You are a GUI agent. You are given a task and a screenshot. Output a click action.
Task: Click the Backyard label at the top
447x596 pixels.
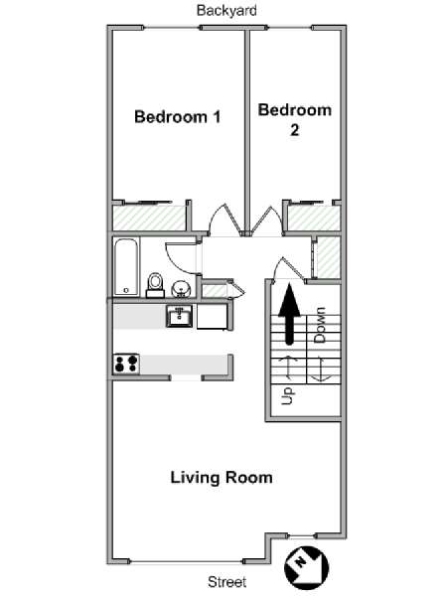point(226,10)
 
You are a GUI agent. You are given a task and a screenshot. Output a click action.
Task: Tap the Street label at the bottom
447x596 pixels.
point(226,581)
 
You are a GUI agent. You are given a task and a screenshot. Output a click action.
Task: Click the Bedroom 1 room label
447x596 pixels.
point(178,116)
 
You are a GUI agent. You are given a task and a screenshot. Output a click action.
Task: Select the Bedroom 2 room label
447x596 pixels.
point(295,120)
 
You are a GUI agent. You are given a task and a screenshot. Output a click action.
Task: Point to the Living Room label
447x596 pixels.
point(222,478)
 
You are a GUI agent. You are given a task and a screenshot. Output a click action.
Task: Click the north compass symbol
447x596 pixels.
point(306,568)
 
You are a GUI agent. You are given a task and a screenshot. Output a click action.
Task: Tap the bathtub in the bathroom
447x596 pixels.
point(126,267)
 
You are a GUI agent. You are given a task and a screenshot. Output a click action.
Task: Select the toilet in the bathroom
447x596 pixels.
point(155,285)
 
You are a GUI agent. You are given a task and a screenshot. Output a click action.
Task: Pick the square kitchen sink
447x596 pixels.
point(179,316)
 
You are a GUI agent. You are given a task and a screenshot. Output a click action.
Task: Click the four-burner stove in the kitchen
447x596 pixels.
point(126,364)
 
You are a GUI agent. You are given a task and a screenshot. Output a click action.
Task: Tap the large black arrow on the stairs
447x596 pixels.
point(290,314)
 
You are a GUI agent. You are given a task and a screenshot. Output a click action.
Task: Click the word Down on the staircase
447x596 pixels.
point(320,325)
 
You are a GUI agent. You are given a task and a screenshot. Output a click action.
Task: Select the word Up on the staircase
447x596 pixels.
point(287,396)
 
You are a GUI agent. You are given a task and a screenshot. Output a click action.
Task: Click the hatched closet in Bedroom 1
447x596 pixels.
point(149,218)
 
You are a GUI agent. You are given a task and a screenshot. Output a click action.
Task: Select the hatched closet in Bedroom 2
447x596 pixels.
point(314,218)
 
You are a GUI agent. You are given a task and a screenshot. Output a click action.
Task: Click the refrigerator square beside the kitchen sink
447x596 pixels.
point(213,316)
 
